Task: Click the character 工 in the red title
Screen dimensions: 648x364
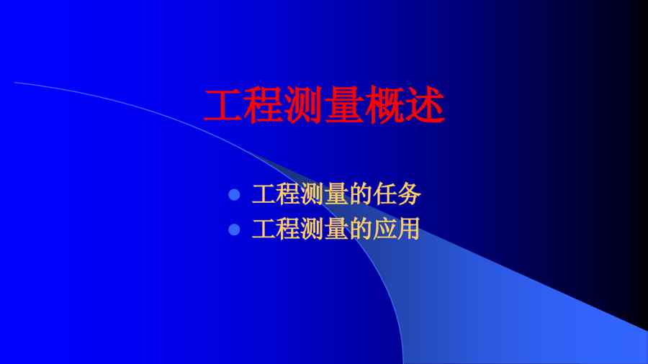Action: point(223,105)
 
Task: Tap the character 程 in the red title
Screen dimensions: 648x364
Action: point(264,105)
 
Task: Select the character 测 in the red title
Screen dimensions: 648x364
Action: point(304,105)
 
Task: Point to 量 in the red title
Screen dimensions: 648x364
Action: point(344,105)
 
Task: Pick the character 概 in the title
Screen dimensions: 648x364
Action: point(384,105)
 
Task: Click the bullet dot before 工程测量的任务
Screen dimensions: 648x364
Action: point(234,194)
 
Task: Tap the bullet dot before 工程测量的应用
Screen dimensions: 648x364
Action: point(234,229)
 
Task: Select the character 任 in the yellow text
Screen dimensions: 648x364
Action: point(384,194)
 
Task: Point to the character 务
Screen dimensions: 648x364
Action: point(409,194)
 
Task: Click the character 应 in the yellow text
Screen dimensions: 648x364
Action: point(384,229)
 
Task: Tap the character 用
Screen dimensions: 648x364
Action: point(409,229)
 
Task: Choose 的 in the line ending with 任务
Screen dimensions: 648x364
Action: point(361,194)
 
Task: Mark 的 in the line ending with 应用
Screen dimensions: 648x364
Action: point(361,229)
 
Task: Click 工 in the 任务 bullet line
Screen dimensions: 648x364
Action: point(264,194)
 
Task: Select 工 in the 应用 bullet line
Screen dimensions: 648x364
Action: point(264,229)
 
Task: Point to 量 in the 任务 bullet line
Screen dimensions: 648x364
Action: point(336,194)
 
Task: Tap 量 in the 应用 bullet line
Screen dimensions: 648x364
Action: point(336,229)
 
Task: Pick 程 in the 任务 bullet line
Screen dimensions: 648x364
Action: point(288,194)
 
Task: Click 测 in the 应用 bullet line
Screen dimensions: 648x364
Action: point(312,229)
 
